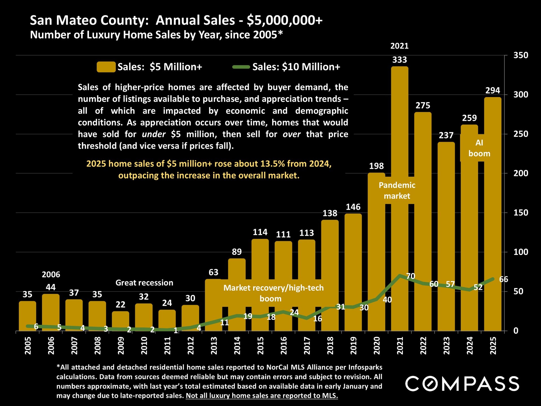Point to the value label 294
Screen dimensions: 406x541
[493, 91]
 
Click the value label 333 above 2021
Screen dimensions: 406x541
[400, 60]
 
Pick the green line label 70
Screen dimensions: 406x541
[411, 276]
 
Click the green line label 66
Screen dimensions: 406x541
[504, 279]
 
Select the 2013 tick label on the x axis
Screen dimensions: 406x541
[214, 345]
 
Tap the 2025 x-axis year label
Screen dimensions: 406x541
[493, 345]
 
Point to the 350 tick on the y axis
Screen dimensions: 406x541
[520, 55]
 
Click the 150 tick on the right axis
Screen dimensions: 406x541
[520, 213]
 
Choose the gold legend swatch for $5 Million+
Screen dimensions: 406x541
[106, 67]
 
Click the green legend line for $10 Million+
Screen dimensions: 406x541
[241, 67]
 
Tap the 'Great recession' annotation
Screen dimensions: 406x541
[144, 283]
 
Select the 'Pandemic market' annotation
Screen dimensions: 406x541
[397, 191]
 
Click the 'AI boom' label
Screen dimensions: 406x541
[479, 148]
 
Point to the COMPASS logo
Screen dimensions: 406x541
[462, 383]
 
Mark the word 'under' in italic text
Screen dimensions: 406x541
[154, 134]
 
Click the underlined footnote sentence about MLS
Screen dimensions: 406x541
[262, 396]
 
